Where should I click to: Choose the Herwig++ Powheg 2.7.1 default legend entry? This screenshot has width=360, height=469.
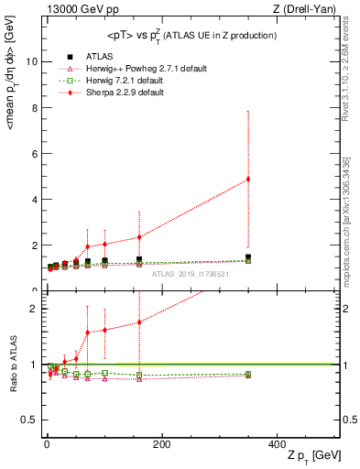[x=115, y=69]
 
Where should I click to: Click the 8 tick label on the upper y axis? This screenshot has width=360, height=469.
[x=35, y=107]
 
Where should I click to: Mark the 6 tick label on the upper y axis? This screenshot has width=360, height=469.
[x=35, y=153]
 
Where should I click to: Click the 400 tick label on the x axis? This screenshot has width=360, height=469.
[x=277, y=443]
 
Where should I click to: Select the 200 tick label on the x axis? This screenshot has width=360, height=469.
[x=161, y=443]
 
